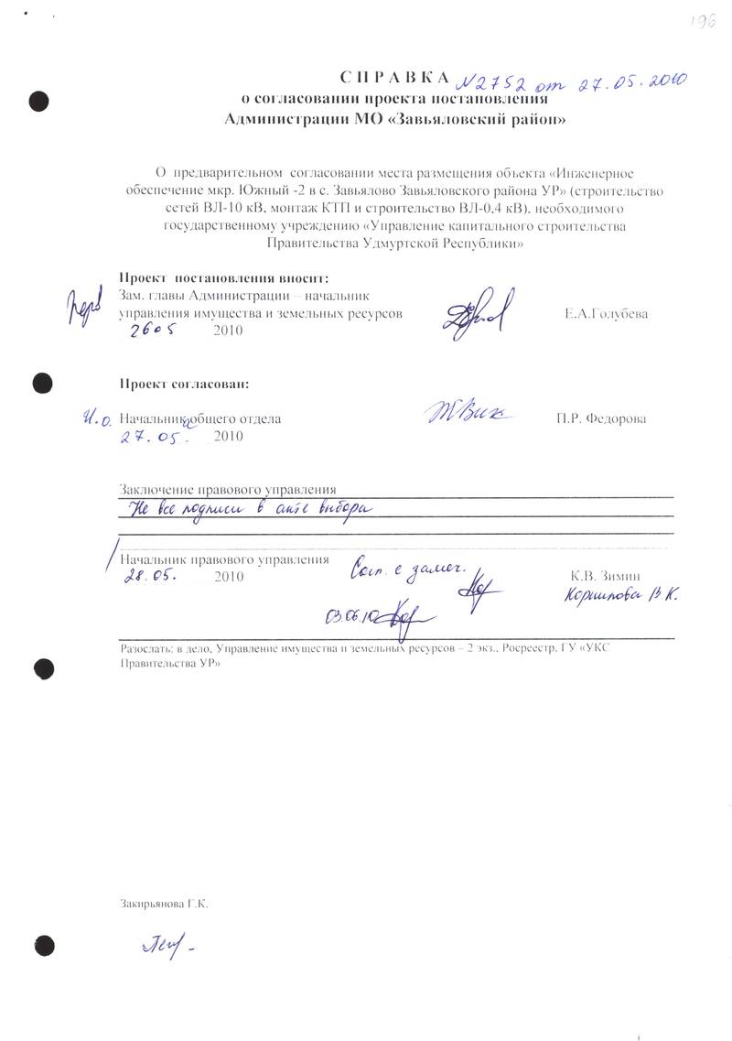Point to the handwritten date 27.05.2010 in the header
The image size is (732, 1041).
pyautogui.click(x=628, y=83)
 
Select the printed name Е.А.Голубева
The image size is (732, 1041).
pyautogui.click(x=607, y=313)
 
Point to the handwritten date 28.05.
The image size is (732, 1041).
pyautogui.click(x=151, y=578)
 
